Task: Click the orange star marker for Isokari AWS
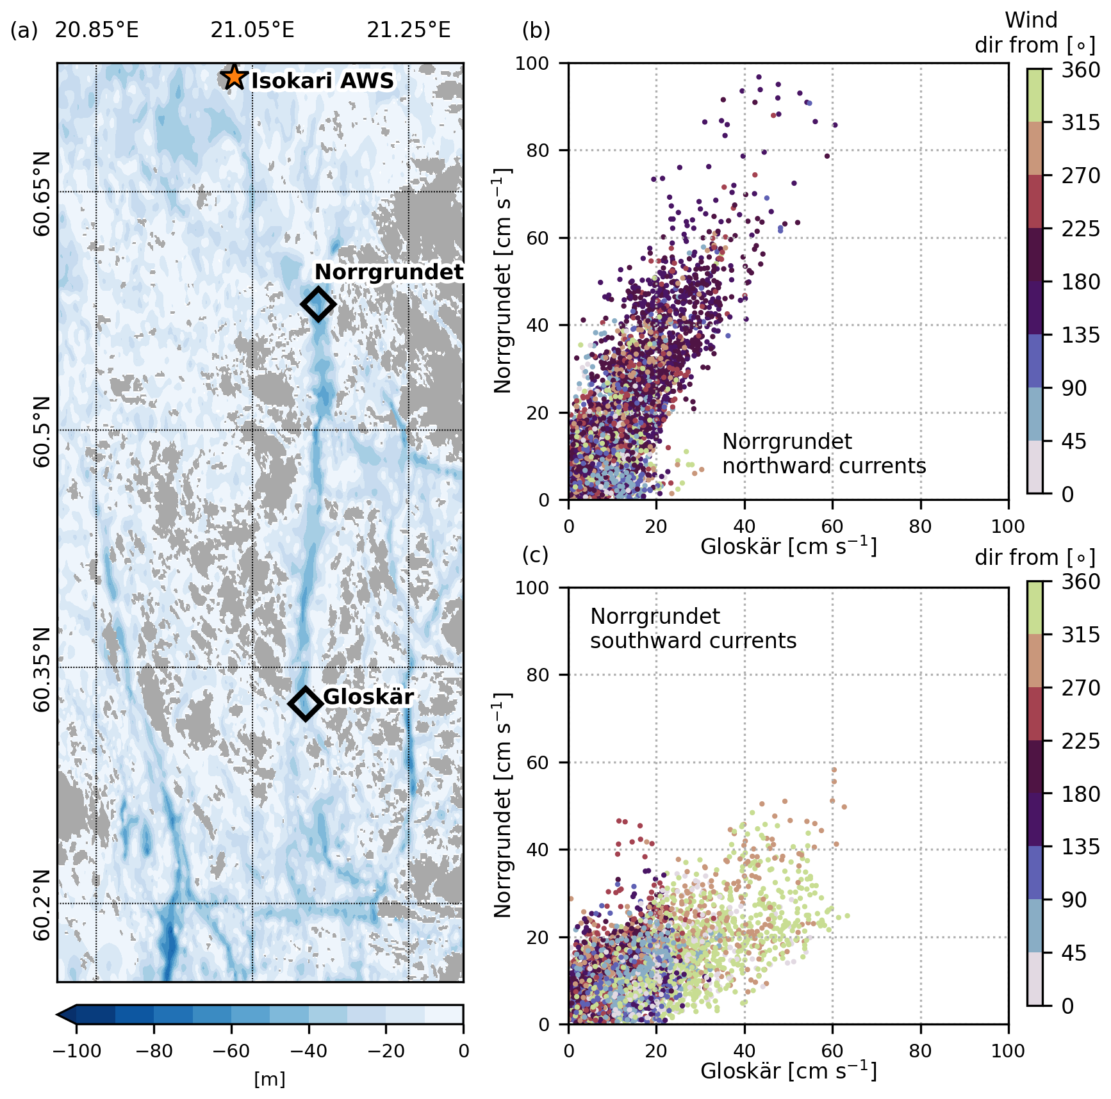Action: pyautogui.click(x=235, y=77)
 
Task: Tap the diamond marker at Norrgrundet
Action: pyautogui.click(x=318, y=304)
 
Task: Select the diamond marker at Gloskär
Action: pyautogui.click(x=305, y=703)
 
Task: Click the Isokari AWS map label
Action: pyautogui.click(x=322, y=81)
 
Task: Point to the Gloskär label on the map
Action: pyautogui.click(x=368, y=697)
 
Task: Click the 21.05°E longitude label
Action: pyautogui.click(x=252, y=30)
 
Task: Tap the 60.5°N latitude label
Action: pyautogui.click(x=42, y=430)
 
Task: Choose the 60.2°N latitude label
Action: pyautogui.click(x=42, y=904)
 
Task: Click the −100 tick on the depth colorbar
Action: pyautogui.click(x=77, y=1051)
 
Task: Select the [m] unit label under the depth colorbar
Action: pyautogui.click(x=270, y=1080)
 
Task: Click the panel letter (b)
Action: pyautogui.click(x=536, y=30)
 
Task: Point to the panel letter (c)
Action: pyautogui.click(x=536, y=555)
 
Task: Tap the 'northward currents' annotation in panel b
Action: pyautogui.click(x=824, y=466)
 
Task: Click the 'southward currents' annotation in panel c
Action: pyautogui.click(x=693, y=640)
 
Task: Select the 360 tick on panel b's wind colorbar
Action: pyautogui.click(x=1080, y=70)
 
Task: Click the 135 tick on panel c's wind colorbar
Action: pyautogui.click(x=1080, y=847)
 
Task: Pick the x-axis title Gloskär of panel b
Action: pyautogui.click(x=788, y=546)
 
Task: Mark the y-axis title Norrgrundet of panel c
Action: pyautogui.click(x=504, y=805)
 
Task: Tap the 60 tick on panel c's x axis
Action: pyautogui.click(x=832, y=1051)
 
